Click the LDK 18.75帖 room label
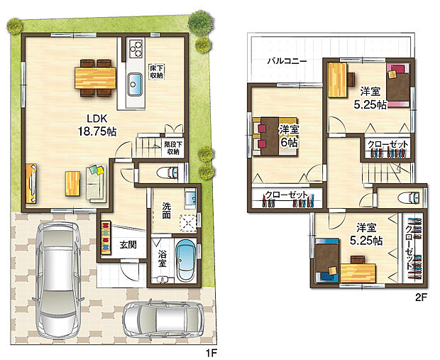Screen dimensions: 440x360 click(97, 125)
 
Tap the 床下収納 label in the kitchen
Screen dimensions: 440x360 click(156, 71)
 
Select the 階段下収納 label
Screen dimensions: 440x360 click(173, 148)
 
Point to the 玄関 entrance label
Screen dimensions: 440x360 click(128, 244)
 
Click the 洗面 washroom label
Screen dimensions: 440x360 click(166, 211)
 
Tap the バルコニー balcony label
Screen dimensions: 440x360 click(287, 61)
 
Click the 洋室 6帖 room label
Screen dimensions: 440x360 click(289, 136)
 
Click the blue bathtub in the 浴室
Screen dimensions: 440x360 click(186, 260)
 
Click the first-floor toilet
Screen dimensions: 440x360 click(167, 173)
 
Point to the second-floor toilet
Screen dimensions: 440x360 click(409, 197)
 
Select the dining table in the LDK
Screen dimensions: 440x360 click(95, 78)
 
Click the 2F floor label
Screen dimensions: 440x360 click(421, 298)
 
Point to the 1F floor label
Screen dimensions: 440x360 click(211, 353)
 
